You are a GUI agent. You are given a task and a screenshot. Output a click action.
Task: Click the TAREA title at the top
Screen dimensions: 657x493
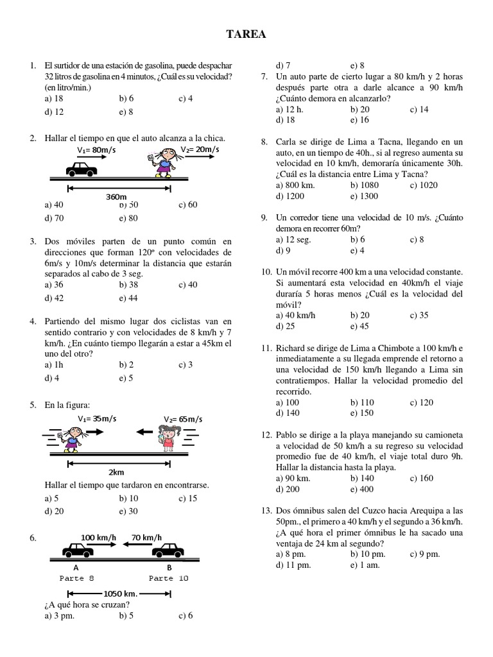point(246,33)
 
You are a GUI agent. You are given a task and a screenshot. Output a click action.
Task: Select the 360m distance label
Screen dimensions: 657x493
point(116,197)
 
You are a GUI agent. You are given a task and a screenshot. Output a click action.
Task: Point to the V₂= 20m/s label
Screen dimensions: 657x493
point(200,149)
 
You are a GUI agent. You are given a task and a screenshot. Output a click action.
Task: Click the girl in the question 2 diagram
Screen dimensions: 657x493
point(166,162)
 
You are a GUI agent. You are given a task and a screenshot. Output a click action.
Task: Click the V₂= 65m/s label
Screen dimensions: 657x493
point(183,419)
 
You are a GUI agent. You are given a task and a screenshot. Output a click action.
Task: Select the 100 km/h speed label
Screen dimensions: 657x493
point(99,537)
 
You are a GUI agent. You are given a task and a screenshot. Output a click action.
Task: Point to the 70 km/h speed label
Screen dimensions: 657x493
point(146,537)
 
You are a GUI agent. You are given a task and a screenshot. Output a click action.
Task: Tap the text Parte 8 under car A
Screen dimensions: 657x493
point(76,578)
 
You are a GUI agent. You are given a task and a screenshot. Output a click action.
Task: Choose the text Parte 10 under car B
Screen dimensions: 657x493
point(169,578)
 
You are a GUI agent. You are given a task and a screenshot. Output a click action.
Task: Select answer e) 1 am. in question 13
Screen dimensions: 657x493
point(365,565)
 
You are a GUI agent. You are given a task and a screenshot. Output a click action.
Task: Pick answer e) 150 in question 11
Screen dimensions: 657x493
point(362,413)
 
